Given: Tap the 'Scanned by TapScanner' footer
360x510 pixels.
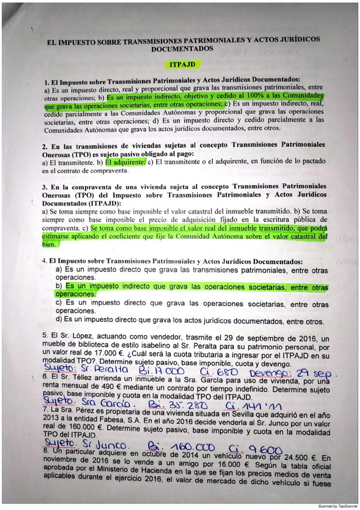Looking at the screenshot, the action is [335, 506].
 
